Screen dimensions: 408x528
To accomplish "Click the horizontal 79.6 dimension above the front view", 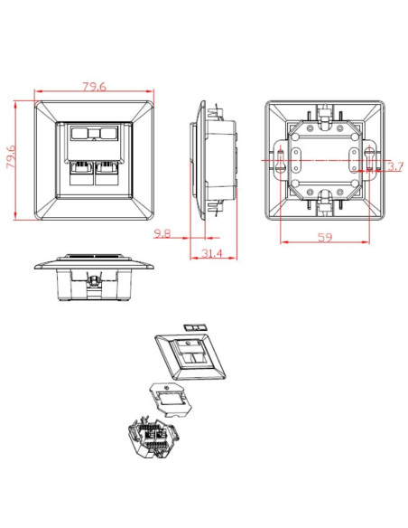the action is (x=95, y=87).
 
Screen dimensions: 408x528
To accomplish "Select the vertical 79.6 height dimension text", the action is (x=11, y=157).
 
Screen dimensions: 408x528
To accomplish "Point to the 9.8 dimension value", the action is (x=162, y=233).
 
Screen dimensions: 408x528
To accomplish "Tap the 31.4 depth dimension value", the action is (x=212, y=253).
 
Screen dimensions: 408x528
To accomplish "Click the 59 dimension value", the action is (x=325, y=238).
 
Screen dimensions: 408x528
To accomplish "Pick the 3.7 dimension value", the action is (x=394, y=166).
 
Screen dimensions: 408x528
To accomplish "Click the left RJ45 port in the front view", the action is (x=81, y=173).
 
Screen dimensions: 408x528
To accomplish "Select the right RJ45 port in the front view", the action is (x=107, y=173).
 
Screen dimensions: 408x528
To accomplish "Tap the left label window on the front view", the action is (x=79, y=133).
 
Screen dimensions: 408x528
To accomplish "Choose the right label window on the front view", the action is (x=108, y=133).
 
